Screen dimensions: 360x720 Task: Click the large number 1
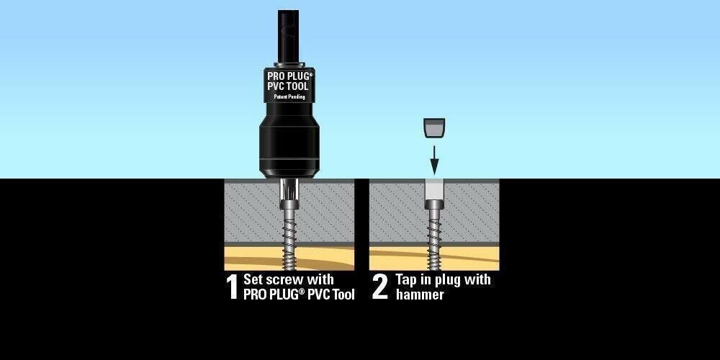click(x=232, y=287)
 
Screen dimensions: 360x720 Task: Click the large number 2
click(x=380, y=287)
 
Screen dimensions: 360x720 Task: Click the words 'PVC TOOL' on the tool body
click(x=289, y=86)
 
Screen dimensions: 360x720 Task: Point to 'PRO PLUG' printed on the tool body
click(x=289, y=74)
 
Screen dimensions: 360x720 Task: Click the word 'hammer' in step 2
click(x=420, y=294)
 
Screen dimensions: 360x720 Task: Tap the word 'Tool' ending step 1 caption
click(x=342, y=294)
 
